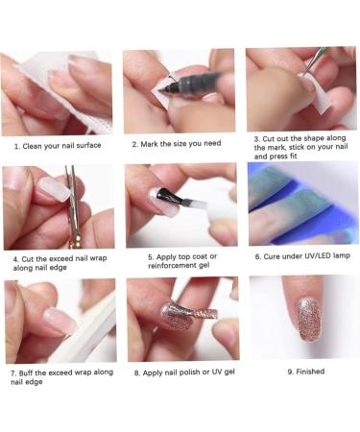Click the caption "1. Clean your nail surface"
point(58,146)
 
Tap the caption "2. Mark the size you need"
point(177,144)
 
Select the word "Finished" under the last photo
point(310,372)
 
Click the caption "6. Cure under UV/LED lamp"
point(302,256)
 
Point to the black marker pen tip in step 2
point(162,89)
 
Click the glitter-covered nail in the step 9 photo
point(309,319)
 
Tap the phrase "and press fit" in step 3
point(276,156)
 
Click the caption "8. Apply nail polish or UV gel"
point(184,372)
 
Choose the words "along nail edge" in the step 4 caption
point(39,268)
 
